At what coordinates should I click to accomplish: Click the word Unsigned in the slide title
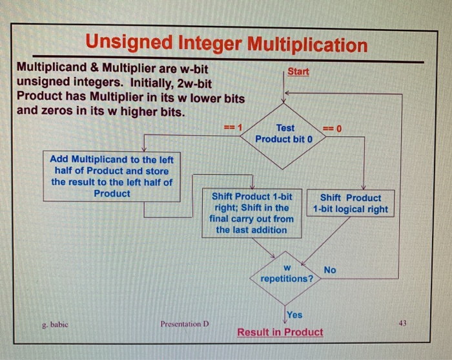pyautogui.click(x=127, y=45)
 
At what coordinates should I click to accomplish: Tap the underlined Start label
pyautogui.click(x=298, y=71)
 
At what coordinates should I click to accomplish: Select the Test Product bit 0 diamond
pyautogui.click(x=284, y=134)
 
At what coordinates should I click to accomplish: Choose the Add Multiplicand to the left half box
pyautogui.click(x=112, y=176)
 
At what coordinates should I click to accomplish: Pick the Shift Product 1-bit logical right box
pyautogui.click(x=350, y=204)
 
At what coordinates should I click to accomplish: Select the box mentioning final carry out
pyautogui.click(x=251, y=213)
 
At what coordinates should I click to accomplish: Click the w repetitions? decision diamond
pyautogui.click(x=287, y=273)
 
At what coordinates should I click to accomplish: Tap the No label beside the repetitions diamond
pyautogui.click(x=329, y=270)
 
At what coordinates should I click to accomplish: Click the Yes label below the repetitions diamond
pyautogui.click(x=294, y=315)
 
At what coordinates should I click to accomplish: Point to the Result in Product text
pyautogui.click(x=280, y=332)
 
